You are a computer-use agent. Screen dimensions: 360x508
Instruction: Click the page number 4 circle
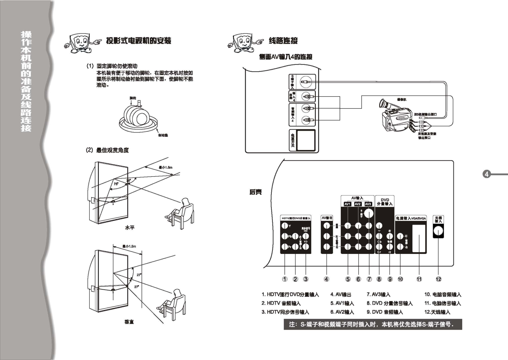click(x=487, y=174)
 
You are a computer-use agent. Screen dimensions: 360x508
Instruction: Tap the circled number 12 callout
click(x=439, y=279)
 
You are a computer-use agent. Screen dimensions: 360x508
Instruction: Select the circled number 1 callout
click(x=285, y=279)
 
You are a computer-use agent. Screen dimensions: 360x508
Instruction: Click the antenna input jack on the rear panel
click(x=438, y=231)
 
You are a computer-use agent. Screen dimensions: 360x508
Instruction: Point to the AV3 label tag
click(x=368, y=204)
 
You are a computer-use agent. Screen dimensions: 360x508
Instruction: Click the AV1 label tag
click(x=347, y=204)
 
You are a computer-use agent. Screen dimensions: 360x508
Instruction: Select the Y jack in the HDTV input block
click(x=284, y=226)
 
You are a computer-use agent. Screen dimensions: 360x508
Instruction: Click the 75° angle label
click(x=116, y=184)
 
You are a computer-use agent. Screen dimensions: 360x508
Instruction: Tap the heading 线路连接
click(x=283, y=41)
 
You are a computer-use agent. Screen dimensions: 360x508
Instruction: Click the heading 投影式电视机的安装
click(x=139, y=41)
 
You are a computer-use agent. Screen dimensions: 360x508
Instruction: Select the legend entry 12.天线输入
click(x=437, y=312)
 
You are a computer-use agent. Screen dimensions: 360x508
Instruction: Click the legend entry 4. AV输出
click(x=340, y=294)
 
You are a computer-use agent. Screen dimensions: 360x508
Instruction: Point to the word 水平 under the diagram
click(x=130, y=227)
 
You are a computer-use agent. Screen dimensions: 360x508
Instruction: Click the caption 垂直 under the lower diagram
click(x=129, y=322)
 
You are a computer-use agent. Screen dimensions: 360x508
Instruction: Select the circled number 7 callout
click(x=369, y=279)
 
